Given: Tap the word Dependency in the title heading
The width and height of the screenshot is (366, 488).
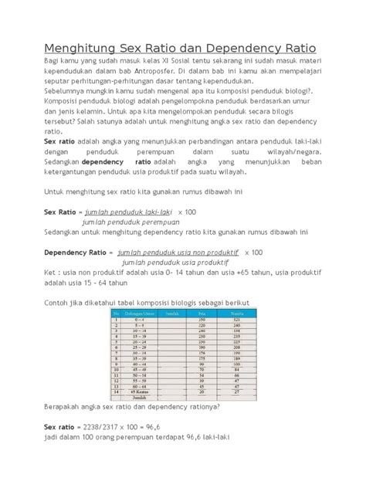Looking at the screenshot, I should point(257,47).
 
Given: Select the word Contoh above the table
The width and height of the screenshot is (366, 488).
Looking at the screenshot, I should point(59,303).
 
